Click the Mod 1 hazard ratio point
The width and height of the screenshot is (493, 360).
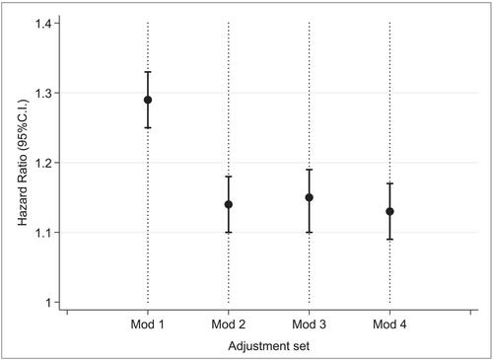pyautogui.click(x=148, y=100)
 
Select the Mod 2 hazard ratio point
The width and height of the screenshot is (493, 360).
pyautogui.click(x=229, y=204)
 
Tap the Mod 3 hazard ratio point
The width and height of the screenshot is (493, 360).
pyautogui.click(x=310, y=197)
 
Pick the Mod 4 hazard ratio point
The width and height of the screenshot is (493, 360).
pyautogui.click(x=389, y=211)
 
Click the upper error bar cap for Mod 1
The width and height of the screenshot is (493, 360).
pyautogui.click(x=148, y=72)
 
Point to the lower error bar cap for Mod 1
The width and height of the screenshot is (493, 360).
pyautogui.click(x=148, y=127)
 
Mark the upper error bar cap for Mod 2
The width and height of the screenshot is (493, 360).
pyautogui.click(x=229, y=177)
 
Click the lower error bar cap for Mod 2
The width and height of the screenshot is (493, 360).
pyautogui.click(x=229, y=233)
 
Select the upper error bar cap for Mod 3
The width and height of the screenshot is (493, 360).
pyautogui.click(x=310, y=170)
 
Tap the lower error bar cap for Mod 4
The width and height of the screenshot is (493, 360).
pyautogui.click(x=389, y=240)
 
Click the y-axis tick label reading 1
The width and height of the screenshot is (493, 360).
pyautogui.click(x=48, y=303)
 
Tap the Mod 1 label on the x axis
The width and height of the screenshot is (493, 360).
pyautogui.click(x=148, y=324)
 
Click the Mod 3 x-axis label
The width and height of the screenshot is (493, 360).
pyautogui.click(x=309, y=324)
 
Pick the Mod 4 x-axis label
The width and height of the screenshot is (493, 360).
pyautogui.click(x=389, y=324)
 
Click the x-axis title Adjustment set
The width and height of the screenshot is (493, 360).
pyautogui.click(x=269, y=346)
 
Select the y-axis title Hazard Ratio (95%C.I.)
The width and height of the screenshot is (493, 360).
pyautogui.click(x=23, y=163)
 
